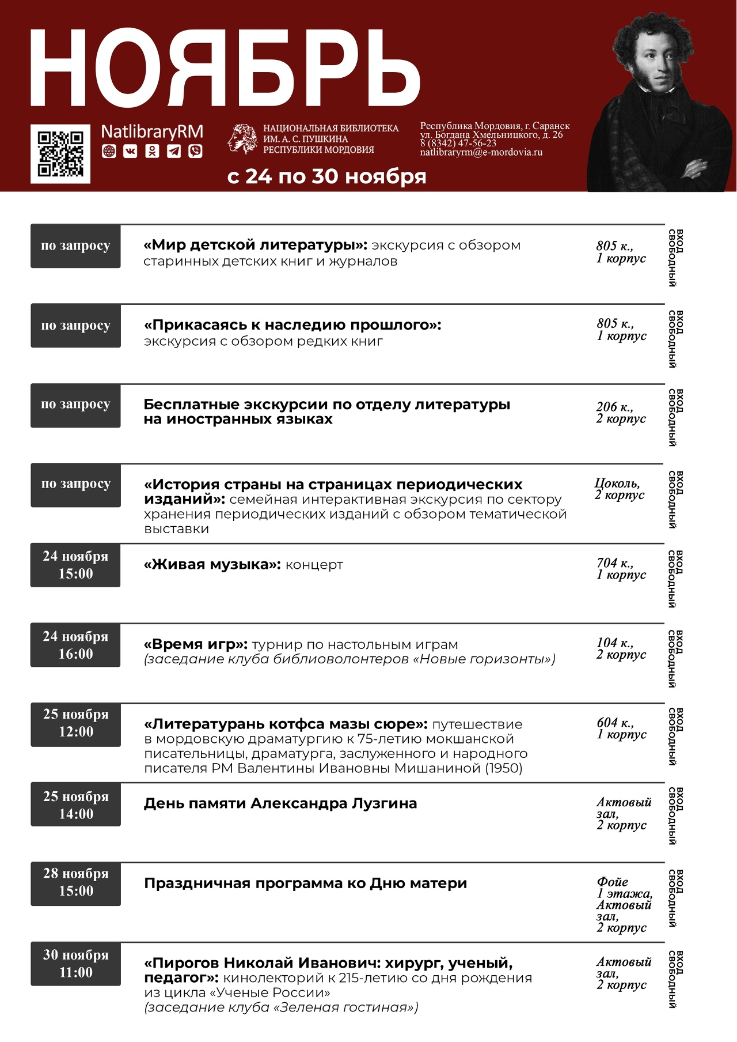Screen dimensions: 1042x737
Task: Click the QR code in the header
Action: click(x=60, y=154)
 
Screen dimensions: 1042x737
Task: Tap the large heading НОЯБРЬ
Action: click(x=225, y=68)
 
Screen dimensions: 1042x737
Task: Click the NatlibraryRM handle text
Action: click(x=152, y=132)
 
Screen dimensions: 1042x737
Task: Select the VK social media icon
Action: click(x=131, y=151)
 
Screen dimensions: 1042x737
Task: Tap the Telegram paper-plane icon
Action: click(x=174, y=151)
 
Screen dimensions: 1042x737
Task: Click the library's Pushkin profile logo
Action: click(x=242, y=139)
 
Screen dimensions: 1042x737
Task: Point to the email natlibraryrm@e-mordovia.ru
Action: click(x=481, y=153)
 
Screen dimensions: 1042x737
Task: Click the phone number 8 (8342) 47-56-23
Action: click(x=458, y=144)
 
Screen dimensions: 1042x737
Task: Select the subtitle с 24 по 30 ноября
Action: click(x=326, y=176)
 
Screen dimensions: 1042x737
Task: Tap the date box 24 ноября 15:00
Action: click(x=75, y=565)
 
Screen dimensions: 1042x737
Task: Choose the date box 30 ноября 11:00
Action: click(x=75, y=964)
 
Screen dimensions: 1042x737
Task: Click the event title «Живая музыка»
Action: click(x=212, y=565)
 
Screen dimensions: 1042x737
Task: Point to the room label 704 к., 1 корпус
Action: click(x=621, y=568)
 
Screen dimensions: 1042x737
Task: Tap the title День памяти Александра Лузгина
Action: click(x=280, y=803)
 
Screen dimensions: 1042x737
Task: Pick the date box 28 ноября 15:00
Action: click(x=75, y=882)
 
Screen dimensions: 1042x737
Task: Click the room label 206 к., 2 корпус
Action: click(x=621, y=413)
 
